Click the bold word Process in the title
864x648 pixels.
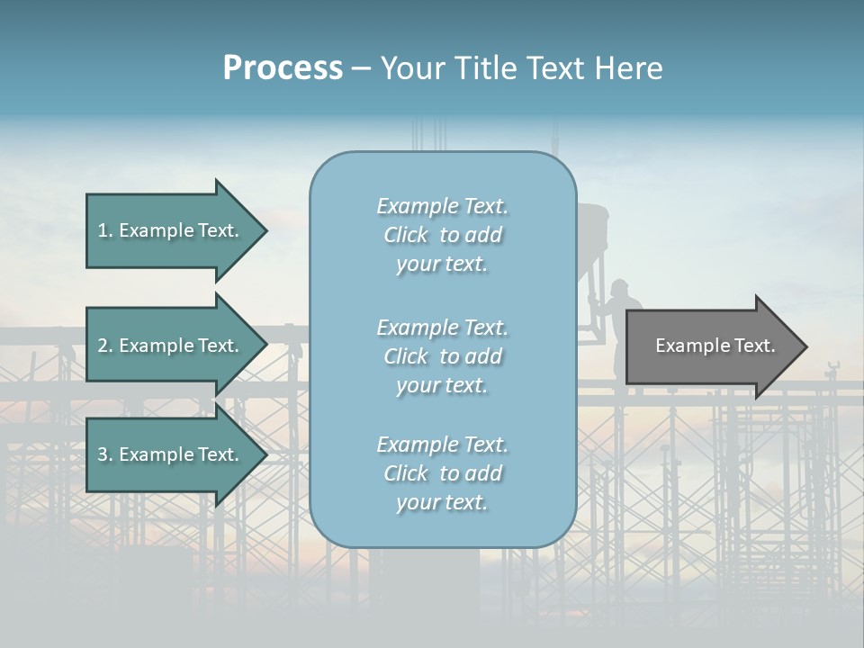pyautogui.click(x=283, y=68)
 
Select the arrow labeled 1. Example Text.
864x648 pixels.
pyautogui.click(x=171, y=230)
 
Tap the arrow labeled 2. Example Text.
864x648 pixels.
pyautogui.click(x=171, y=346)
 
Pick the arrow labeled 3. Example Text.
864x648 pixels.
pyautogui.click(x=171, y=454)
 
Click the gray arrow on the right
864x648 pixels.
pyautogui.click(x=711, y=346)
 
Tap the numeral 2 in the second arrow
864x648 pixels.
pyautogui.click(x=103, y=346)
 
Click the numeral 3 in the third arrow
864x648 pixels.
pyautogui.click(x=103, y=454)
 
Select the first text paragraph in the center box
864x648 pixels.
pyautogui.click(x=442, y=235)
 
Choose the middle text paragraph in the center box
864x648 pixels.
pyautogui.click(x=442, y=356)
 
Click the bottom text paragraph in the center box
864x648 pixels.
pyautogui.click(x=442, y=473)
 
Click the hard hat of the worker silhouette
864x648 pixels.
pyautogui.click(x=619, y=287)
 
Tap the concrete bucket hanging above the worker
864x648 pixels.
pyautogui.click(x=592, y=234)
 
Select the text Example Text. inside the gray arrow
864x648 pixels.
pyautogui.click(x=715, y=346)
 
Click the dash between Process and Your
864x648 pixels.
pyautogui.click(x=361, y=69)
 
